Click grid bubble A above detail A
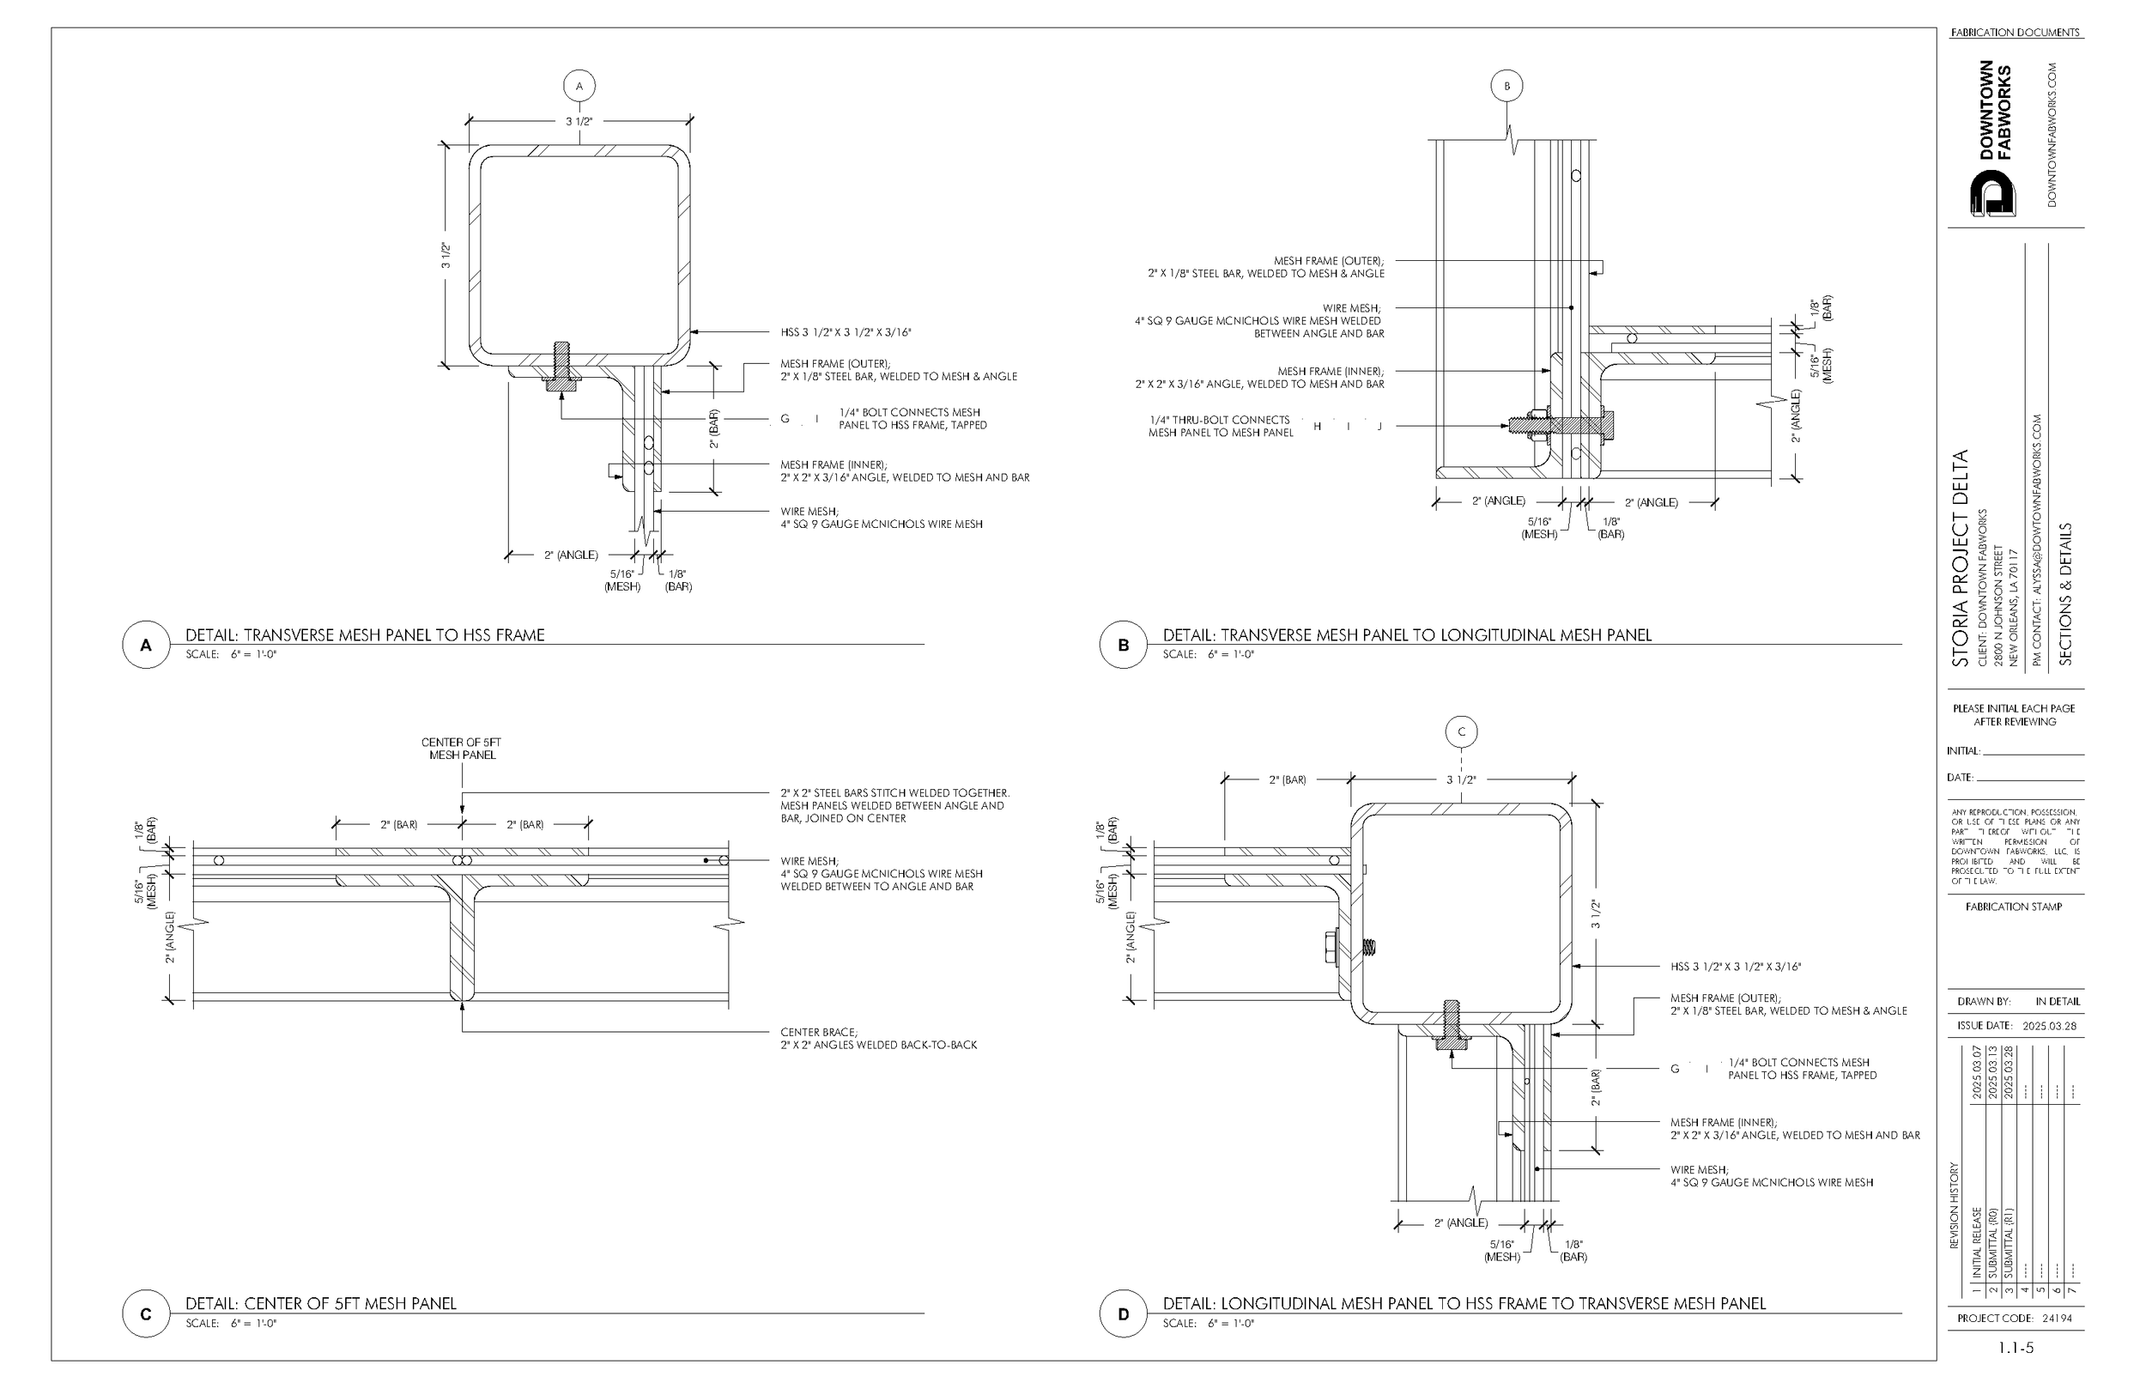pos(579,87)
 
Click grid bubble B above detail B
pos(1506,87)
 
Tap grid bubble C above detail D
pos(1461,731)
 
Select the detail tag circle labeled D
pos(1123,1314)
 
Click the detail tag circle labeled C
pos(146,1314)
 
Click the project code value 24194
pos(2058,1318)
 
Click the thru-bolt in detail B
pos(1560,423)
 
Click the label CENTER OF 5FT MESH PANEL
pos(461,749)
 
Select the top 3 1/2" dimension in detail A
pos(579,121)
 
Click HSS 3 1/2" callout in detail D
pos(1735,967)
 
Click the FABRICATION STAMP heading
pos(2014,907)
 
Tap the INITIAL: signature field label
pos(1963,750)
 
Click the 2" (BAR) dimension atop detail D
pos(1287,779)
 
